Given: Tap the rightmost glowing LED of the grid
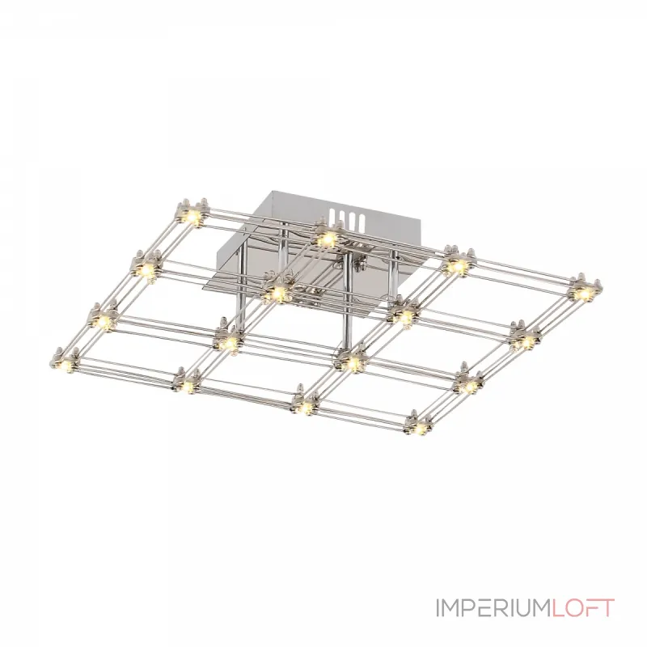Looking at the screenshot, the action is coord(584,294).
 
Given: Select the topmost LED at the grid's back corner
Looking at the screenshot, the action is coord(192,215).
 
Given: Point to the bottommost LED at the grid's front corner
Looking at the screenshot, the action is coord(419,429).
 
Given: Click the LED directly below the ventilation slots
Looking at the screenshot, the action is coord(328,238).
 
